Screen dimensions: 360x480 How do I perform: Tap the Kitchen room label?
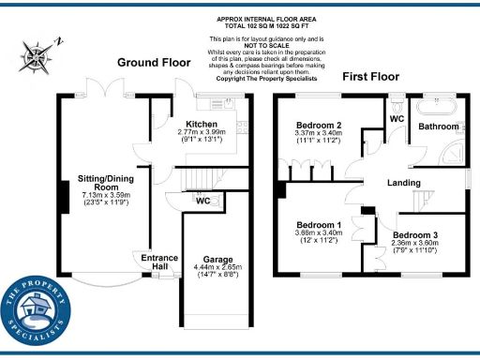pyautogui.click(x=202, y=125)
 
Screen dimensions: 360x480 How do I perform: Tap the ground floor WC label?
pyautogui.click(x=202, y=200)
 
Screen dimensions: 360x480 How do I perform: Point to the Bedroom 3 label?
pyautogui.click(x=414, y=234)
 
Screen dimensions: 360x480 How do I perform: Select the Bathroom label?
pyautogui.click(x=438, y=126)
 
